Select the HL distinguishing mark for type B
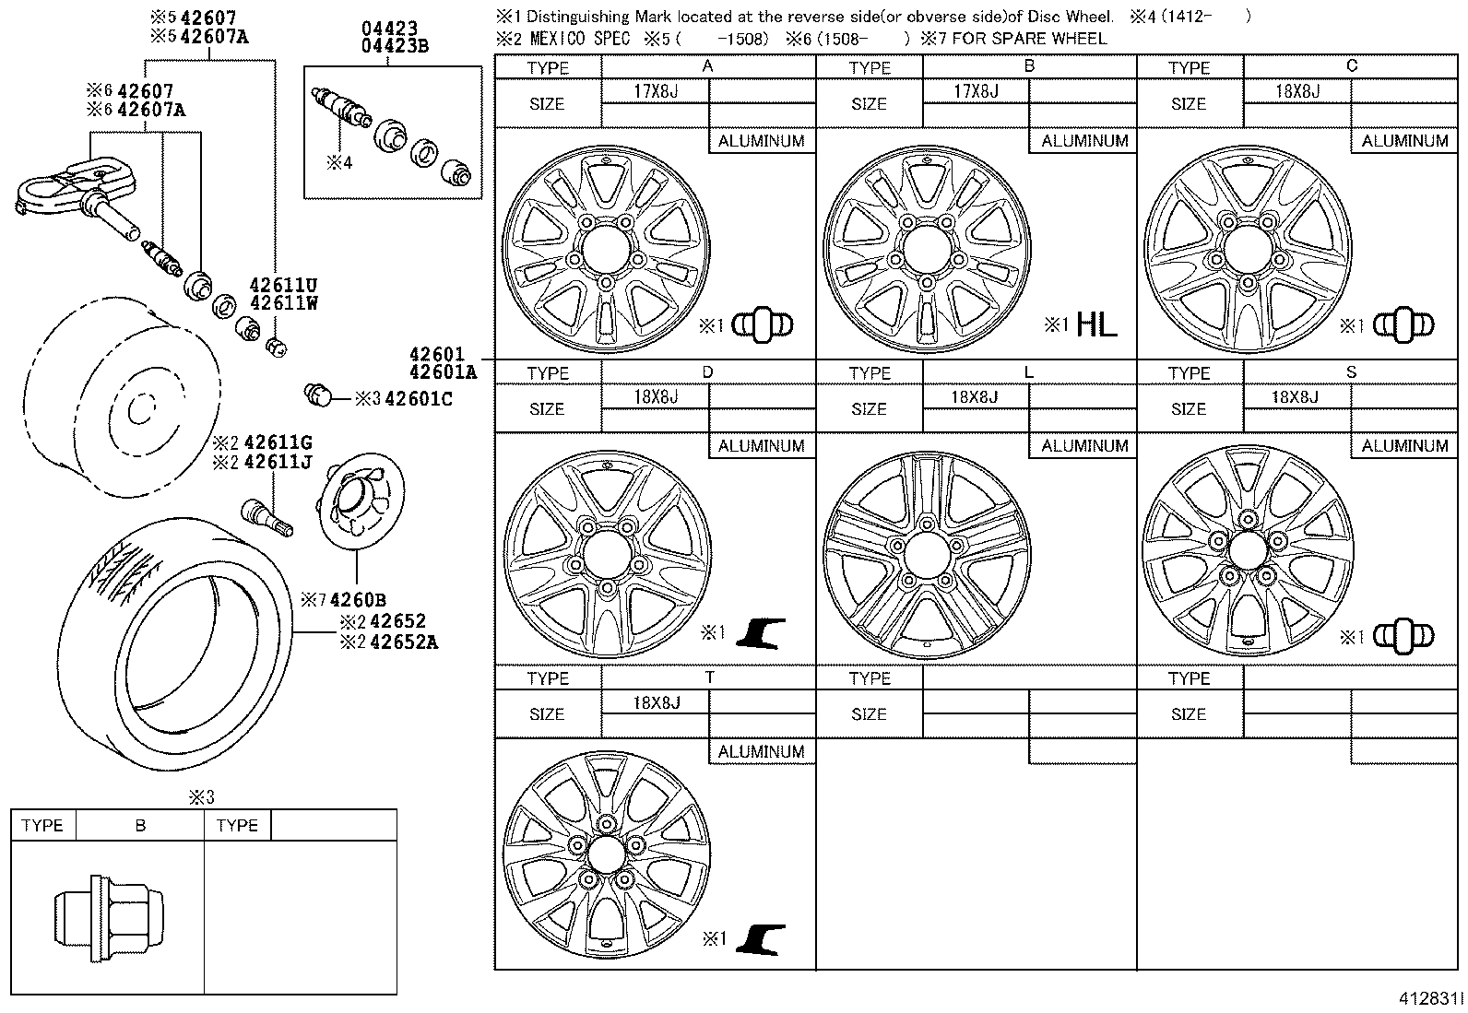1095,324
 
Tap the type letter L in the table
1029,371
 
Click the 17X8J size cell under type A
656,91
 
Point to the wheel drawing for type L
927,555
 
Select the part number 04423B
396,46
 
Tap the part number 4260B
358,600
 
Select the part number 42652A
403,642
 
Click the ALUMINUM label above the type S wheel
1404,446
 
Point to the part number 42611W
283,302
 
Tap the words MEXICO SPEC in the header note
580,39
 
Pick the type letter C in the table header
1352,66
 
